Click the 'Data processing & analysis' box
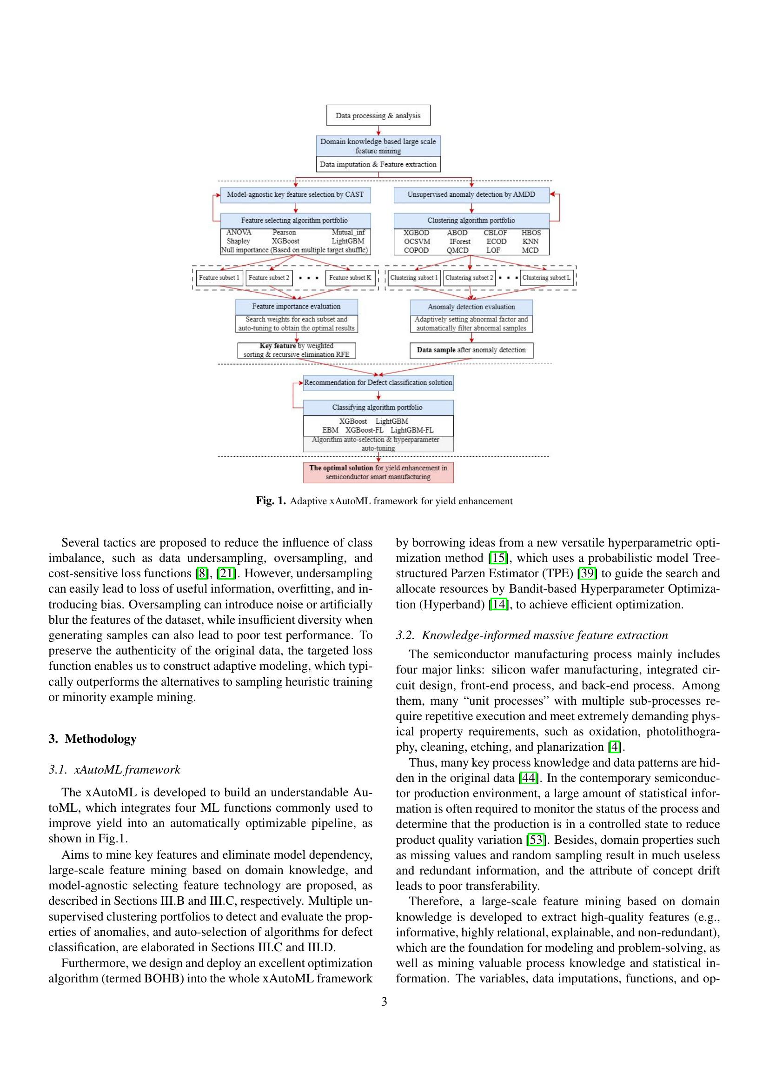pyautogui.click(x=378, y=115)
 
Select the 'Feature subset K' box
pyautogui.click(x=350, y=278)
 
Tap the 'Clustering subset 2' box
pyautogui.click(x=469, y=278)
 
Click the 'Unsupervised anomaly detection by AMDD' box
pyautogui.click(x=471, y=194)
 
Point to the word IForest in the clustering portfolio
pyautogui.click(x=459, y=241)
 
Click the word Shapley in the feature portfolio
pyautogui.click(x=238, y=241)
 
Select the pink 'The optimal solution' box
pyautogui.click(x=378, y=472)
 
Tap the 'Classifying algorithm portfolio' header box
pyautogui.click(x=378, y=407)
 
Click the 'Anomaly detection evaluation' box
pyautogui.click(x=471, y=307)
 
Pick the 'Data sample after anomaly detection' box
pyautogui.click(x=471, y=350)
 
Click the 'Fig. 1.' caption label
pyautogui.click(x=271, y=501)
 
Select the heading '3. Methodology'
pyautogui.click(x=93, y=739)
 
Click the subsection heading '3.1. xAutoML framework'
pyautogui.click(x=114, y=769)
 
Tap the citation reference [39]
pyautogui.click(x=587, y=574)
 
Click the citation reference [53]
pyautogui.click(x=536, y=840)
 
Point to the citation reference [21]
pyautogui.click(x=226, y=574)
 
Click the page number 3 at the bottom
pyautogui.click(x=384, y=1001)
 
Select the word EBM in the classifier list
pyautogui.click(x=330, y=430)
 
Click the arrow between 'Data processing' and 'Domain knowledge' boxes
pyautogui.click(x=378, y=131)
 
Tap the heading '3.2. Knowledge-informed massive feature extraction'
pyautogui.click(x=532, y=635)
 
